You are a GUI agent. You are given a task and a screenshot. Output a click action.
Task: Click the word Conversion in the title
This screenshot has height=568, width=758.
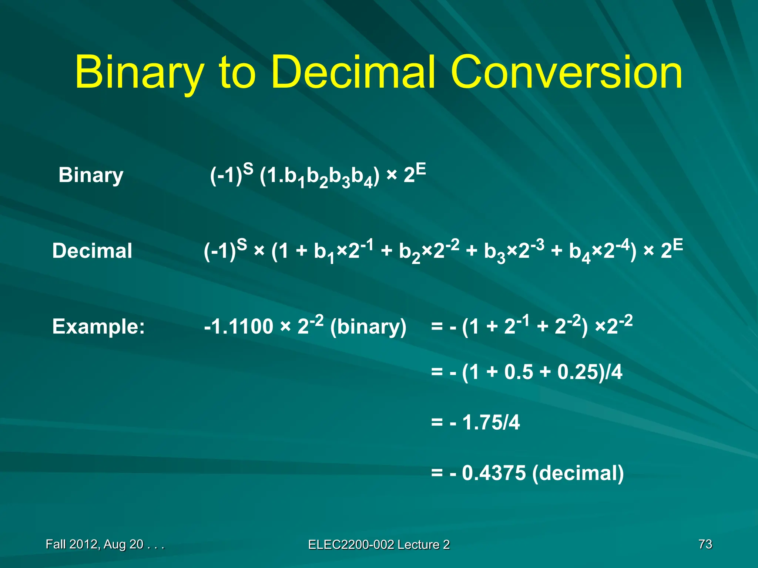coord(566,72)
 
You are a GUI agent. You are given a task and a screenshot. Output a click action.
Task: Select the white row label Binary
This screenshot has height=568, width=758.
coord(91,175)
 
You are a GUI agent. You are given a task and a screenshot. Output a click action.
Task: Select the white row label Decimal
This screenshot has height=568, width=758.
coord(92,251)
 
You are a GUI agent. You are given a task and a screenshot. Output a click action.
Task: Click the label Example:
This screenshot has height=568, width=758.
coord(98,327)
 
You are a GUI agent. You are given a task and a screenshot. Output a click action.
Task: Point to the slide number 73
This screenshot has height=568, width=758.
coord(705,544)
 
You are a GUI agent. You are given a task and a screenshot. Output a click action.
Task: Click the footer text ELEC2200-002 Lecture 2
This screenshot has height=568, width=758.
coord(379,544)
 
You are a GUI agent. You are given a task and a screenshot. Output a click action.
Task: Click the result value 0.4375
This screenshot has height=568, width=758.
coord(494,473)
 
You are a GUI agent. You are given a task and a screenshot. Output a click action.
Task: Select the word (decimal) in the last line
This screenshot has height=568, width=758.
coord(578,473)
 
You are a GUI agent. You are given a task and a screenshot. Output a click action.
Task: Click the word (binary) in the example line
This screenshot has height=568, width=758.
coord(368,327)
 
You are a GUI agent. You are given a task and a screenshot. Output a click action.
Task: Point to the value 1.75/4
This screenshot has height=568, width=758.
coord(491,422)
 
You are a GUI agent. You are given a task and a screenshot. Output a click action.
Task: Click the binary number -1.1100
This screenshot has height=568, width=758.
coord(238,327)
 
